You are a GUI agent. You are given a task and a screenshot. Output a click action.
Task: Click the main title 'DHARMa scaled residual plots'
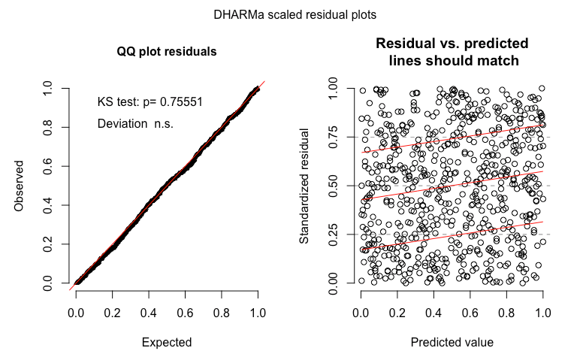(x=289, y=14)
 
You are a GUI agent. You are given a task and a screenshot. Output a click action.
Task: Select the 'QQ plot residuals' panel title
(x=167, y=53)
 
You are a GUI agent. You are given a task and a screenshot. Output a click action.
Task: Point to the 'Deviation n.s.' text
(x=135, y=123)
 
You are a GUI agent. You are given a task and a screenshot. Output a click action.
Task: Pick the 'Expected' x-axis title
(x=167, y=342)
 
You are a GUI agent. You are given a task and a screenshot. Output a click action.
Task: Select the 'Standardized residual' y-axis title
(x=306, y=186)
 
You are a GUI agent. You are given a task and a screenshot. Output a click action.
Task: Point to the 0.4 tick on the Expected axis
(x=149, y=308)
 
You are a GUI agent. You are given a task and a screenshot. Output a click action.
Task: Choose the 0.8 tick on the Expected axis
(x=222, y=308)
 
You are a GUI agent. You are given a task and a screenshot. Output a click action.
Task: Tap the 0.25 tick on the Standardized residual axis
(x=333, y=234)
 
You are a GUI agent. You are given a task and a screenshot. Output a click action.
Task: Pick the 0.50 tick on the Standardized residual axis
(x=333, y=186)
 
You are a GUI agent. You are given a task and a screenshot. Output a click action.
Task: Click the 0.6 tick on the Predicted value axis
(x=470, y=308)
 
